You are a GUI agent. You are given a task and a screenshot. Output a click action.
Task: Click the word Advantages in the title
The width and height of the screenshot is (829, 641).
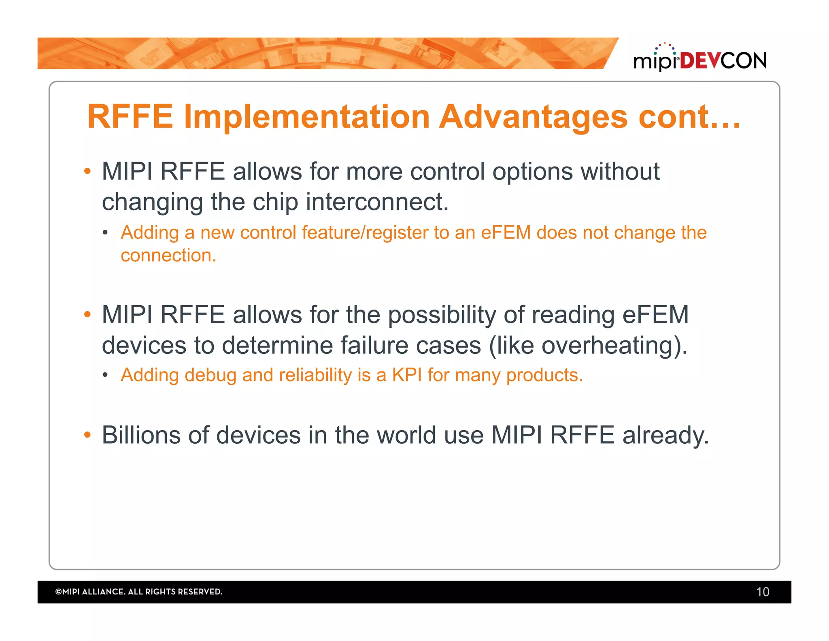click(533, 117)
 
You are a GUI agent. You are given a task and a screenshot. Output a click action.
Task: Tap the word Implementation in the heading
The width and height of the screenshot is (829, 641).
click(306, 117)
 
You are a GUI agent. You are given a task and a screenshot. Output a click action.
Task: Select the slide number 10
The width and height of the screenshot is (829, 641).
click(762, 592)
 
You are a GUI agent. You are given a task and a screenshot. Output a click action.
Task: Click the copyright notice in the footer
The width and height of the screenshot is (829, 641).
click(138, 592)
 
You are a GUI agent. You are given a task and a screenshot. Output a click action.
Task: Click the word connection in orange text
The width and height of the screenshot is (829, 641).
click(168, 256)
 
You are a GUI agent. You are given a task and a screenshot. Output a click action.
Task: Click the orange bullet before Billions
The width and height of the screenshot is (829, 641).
click(87, 436)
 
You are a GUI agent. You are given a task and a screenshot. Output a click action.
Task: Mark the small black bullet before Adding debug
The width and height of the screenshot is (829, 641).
click(105, 375)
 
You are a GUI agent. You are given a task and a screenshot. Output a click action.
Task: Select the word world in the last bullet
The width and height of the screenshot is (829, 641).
click(406, 436)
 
